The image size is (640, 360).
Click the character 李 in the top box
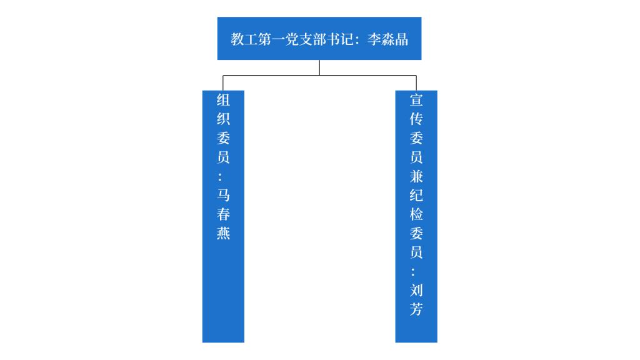(374, 39)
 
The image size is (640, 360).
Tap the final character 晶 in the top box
(401, 39)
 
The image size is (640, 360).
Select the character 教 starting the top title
(237, 39)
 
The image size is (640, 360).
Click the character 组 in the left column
(223, 100)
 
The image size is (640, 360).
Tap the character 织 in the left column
(223, 119)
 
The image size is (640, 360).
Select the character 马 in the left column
(223, 196)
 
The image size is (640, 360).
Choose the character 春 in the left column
(223, 214)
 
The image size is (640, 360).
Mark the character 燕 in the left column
(223, 234)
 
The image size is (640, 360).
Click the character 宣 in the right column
(416, 100)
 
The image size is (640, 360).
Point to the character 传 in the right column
(416, 119)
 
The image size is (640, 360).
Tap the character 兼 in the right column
(416, 176)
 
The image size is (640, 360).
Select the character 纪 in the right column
(416, 195)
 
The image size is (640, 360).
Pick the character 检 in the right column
(416, 214)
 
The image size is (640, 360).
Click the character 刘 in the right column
(416, 291)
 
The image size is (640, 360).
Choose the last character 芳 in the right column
(416, 309)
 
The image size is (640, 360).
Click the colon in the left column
(223, 177)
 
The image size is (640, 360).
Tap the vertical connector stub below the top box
(319, 67)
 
